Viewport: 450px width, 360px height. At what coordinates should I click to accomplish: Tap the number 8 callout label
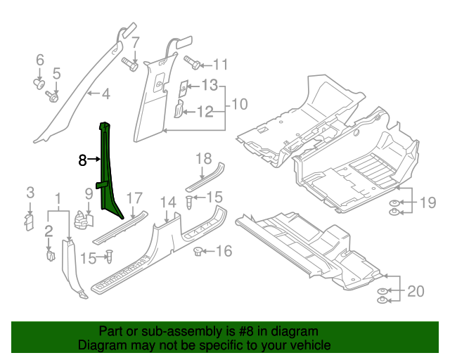point(82,160)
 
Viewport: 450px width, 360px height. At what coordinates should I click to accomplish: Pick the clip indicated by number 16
point(198,251)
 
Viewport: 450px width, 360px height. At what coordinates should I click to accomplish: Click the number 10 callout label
point(239,105)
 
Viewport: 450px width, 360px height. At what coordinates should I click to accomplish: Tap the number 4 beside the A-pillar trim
point(105,94)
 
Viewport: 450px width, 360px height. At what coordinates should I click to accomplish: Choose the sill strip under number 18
point(204,179)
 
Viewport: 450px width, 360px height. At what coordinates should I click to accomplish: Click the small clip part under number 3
point(30,221)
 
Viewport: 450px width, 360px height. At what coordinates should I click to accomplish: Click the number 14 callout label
point(167,202)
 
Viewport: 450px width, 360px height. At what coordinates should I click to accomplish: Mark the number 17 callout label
point(134,198)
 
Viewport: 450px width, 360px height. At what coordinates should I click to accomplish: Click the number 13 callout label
point(209,86)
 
